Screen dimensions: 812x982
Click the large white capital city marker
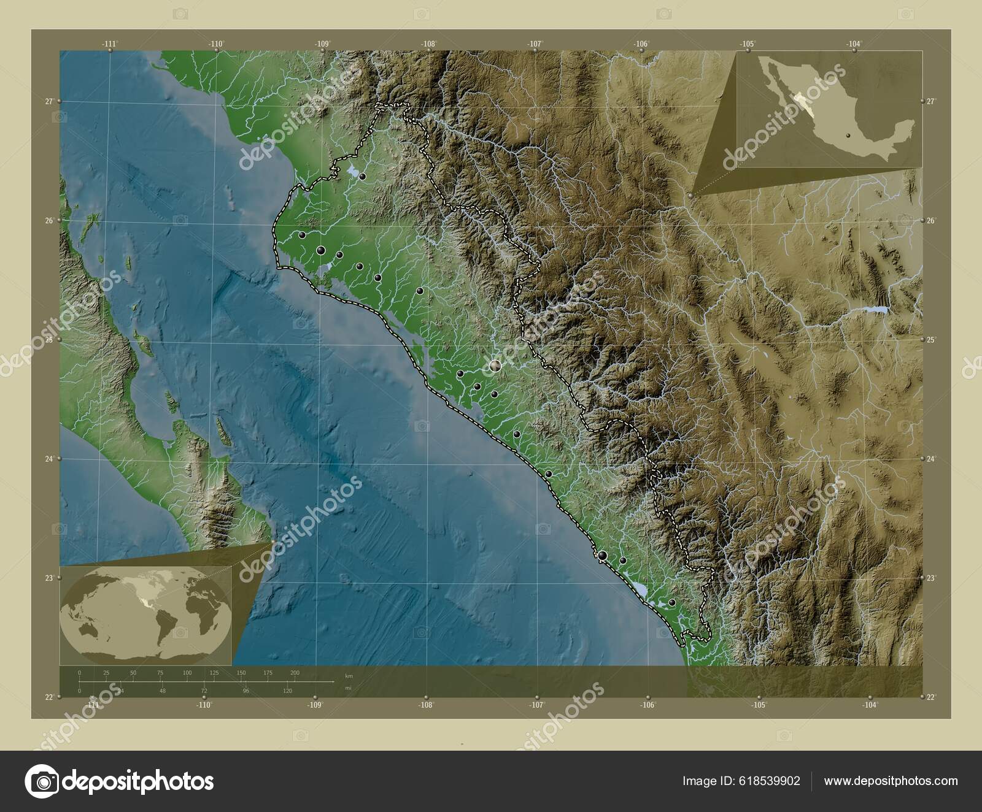click(495, 366)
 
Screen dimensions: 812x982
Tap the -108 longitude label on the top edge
click(428, 44)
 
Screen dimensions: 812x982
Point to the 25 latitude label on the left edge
click(48, 339)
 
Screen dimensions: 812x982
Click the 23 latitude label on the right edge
click(930, 578)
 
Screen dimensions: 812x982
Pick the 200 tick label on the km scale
click(295, 673)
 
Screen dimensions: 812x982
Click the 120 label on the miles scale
click(287, 691)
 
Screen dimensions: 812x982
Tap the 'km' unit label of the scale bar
click(349, 676)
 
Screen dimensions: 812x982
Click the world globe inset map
click(145, 616)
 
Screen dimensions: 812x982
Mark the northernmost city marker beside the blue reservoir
click(362, 177)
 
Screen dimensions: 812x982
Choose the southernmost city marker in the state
click(673, 603)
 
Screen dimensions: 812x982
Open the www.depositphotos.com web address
click(891, 781)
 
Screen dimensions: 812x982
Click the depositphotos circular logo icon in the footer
click(42, 781)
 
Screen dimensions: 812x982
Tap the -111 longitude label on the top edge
click(109, 44)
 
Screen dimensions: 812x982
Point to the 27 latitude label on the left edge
click(48, 101)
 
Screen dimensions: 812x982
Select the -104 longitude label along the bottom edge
click(870, 705)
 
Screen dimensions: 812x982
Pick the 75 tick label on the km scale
click(160, 673)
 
